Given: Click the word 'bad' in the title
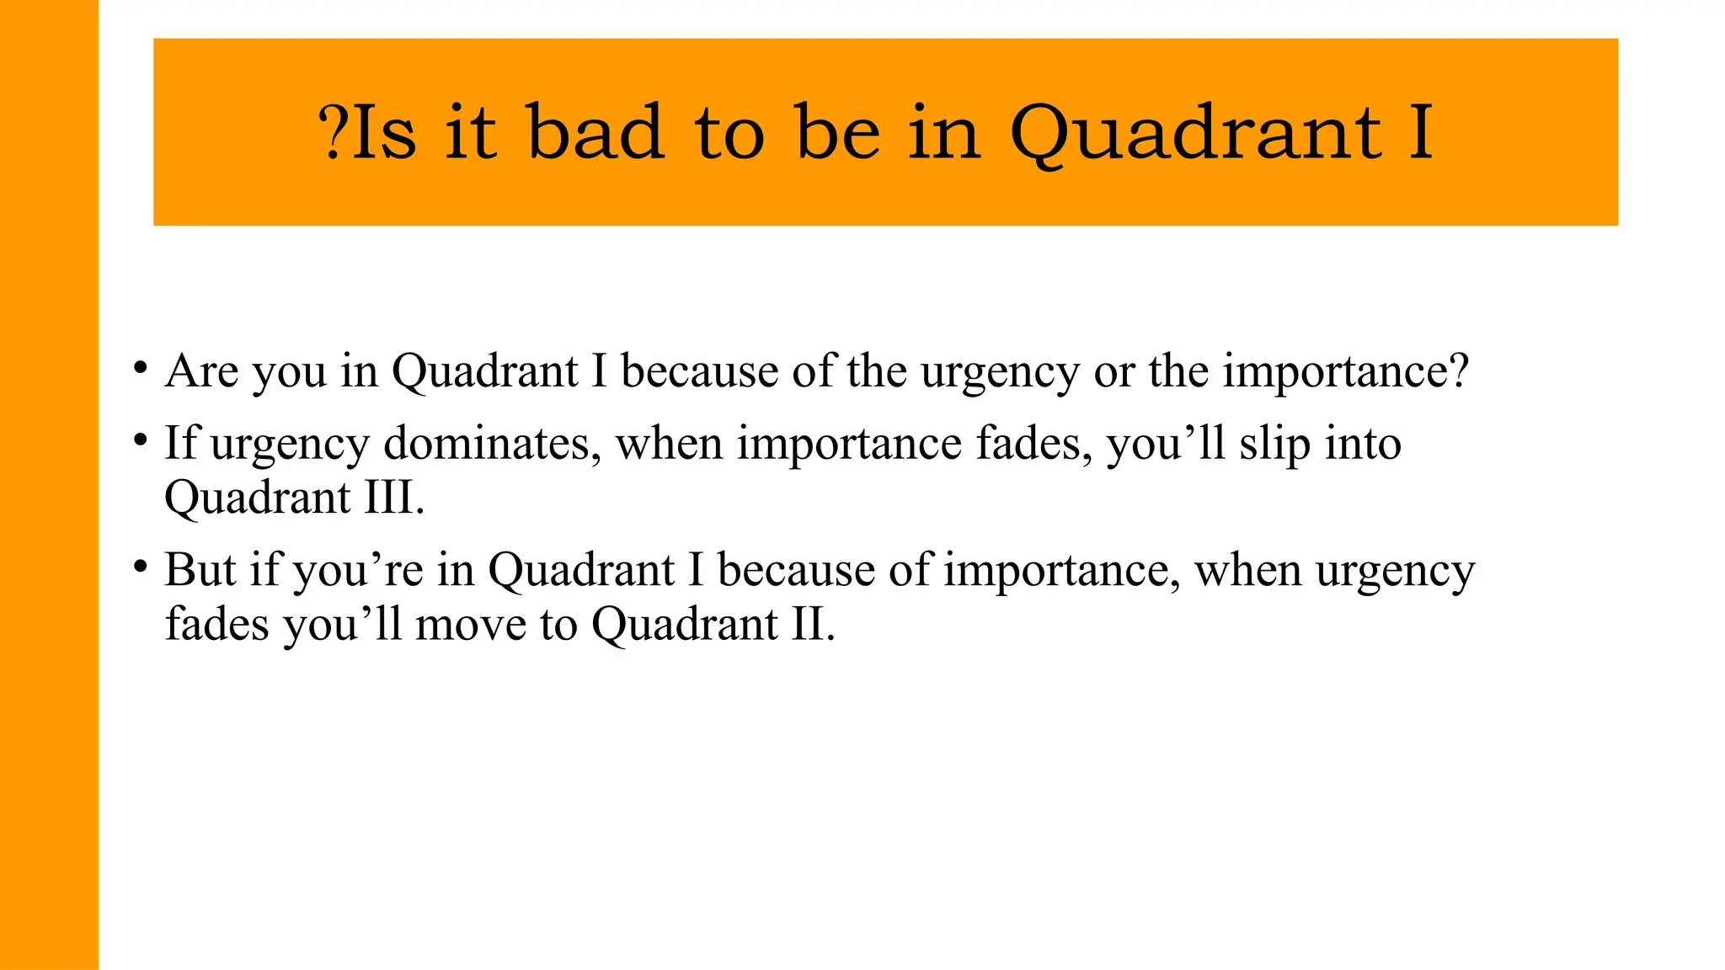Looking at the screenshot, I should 595,132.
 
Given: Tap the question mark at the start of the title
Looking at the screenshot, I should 333,132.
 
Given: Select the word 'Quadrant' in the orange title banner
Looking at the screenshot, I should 1195,132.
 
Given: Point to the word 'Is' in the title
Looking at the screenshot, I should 384,132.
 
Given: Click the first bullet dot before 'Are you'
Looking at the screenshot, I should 141,369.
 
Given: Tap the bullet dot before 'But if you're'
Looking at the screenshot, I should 141,568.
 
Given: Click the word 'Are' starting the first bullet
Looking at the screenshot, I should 201,370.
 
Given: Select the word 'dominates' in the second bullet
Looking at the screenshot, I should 492,443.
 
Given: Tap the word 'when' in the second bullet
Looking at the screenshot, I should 669,443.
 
